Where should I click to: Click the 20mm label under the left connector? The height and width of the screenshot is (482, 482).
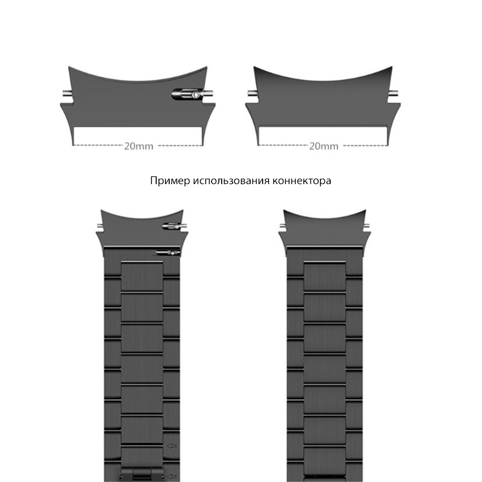(x=139, y=146)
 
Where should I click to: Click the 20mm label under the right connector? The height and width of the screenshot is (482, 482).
(x=324, y=146)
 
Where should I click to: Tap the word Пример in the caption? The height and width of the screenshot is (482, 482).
(x=170, y=181)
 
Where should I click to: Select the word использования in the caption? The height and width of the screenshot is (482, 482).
(x=231, y=181)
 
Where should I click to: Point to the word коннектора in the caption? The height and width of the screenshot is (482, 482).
(x=302, y=181)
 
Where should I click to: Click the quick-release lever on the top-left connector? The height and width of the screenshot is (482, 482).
(x=187, y=94)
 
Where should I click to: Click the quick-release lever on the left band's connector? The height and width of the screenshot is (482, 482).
(x=173, y=227)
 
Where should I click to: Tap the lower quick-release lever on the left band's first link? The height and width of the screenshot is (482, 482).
(x=168, y=253)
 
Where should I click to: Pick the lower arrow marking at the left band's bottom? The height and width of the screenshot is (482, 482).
(x=172, y=477)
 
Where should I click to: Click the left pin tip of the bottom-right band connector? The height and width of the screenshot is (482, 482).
(x=282, y=227)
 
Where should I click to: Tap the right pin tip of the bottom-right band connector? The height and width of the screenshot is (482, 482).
(x=367, y=227)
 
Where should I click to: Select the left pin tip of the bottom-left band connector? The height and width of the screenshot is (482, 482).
(x=100, y=227)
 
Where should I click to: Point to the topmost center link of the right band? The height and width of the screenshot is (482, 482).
(x=324, y=276)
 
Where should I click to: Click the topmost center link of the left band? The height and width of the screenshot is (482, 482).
(x=142, y=276)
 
